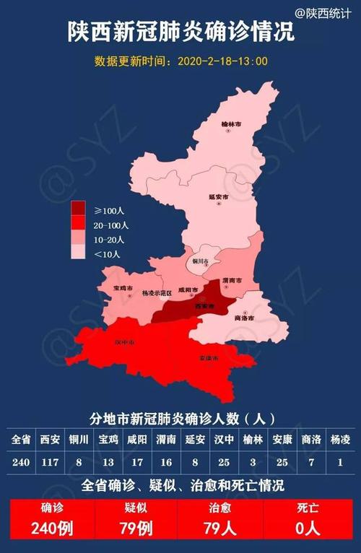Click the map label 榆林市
click(x=231, y=124)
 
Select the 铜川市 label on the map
click(x=200, y=261)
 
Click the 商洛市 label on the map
click(x=245, y=318)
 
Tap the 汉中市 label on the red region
click(x=125, y=341)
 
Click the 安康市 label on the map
click(x=208, y=359)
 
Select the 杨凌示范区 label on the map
click(x=157, y=294)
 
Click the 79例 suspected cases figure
click(x=134, y=528)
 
